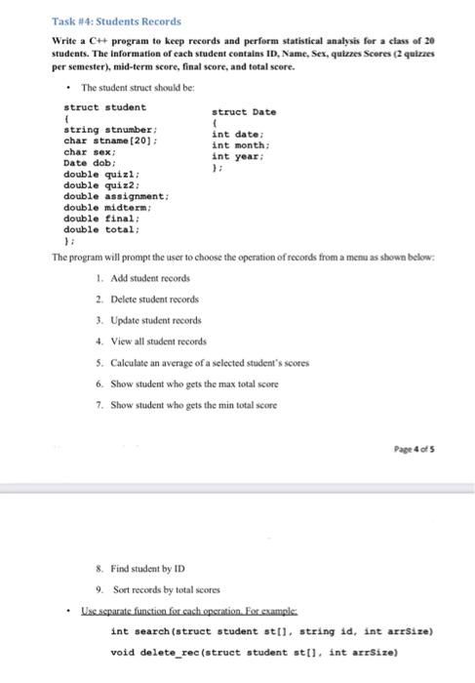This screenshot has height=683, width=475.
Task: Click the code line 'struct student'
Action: (x=104, y=106)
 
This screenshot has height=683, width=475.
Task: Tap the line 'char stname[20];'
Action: (x=110, y=141)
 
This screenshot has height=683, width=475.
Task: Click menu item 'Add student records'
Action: (x=145, y=279)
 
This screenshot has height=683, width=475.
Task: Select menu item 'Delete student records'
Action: (x=150, y=299)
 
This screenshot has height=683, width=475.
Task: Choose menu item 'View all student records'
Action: (x=156, y=341)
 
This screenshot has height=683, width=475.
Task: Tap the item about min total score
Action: (x=182, y=404)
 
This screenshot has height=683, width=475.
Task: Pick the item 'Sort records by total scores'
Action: (x=159, y=590)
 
